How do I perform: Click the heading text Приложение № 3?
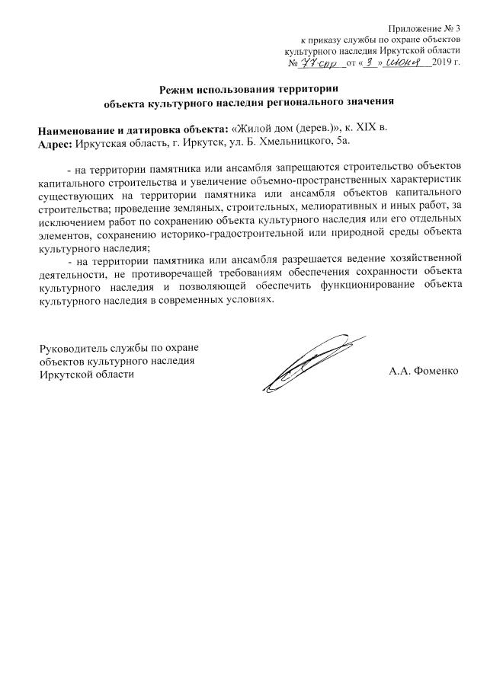[x=425, y=27]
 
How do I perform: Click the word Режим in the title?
[x=177, y=90]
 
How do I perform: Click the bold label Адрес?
[x=55, y=142]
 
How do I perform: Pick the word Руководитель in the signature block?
[x=72, y=349]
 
